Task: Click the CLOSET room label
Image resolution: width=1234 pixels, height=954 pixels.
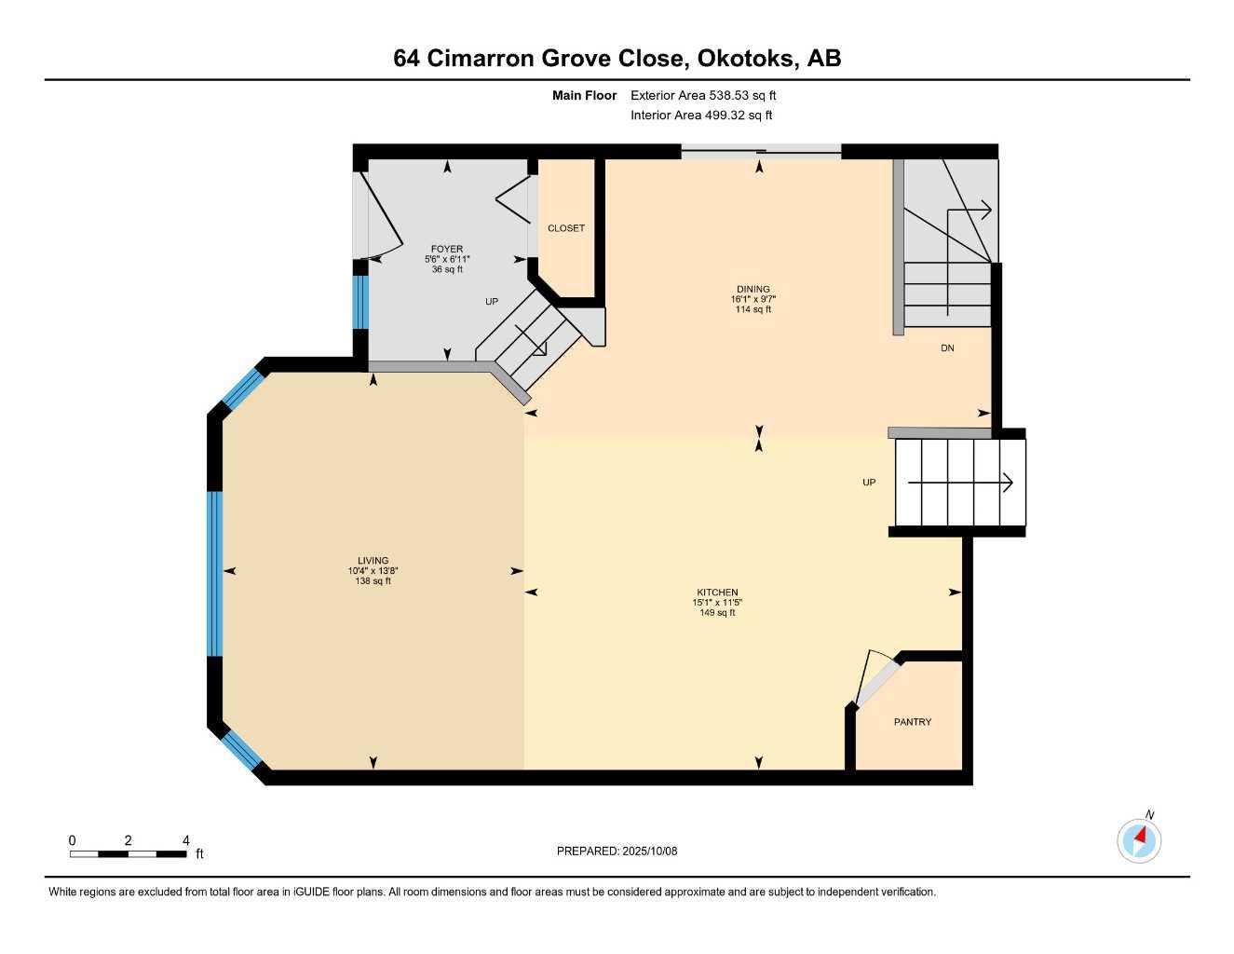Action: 565,228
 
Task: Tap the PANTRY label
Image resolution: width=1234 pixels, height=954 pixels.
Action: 913,722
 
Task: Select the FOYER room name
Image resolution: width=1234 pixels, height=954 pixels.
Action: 447,249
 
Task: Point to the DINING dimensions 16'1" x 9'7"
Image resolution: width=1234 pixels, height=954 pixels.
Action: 753,299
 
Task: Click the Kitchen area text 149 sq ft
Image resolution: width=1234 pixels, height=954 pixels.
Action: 717,613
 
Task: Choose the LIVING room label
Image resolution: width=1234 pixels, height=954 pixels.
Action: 373,561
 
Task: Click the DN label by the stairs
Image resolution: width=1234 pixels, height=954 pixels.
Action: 947,348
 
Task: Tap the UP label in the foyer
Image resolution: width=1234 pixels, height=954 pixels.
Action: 492,302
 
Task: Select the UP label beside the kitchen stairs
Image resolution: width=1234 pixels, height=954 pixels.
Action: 869,482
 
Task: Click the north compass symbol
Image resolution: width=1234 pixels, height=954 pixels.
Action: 1139,840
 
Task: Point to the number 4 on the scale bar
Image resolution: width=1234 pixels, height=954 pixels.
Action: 185,840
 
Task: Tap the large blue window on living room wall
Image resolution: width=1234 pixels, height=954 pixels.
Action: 214,574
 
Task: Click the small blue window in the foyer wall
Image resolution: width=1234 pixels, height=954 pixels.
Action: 360,302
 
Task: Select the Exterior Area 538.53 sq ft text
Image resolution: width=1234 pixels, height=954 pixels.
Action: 703,95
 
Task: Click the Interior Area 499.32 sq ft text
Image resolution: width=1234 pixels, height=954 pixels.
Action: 701,116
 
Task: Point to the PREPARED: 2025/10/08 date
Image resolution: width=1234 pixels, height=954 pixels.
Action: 617,852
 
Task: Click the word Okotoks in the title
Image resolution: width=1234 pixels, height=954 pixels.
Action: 744,59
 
